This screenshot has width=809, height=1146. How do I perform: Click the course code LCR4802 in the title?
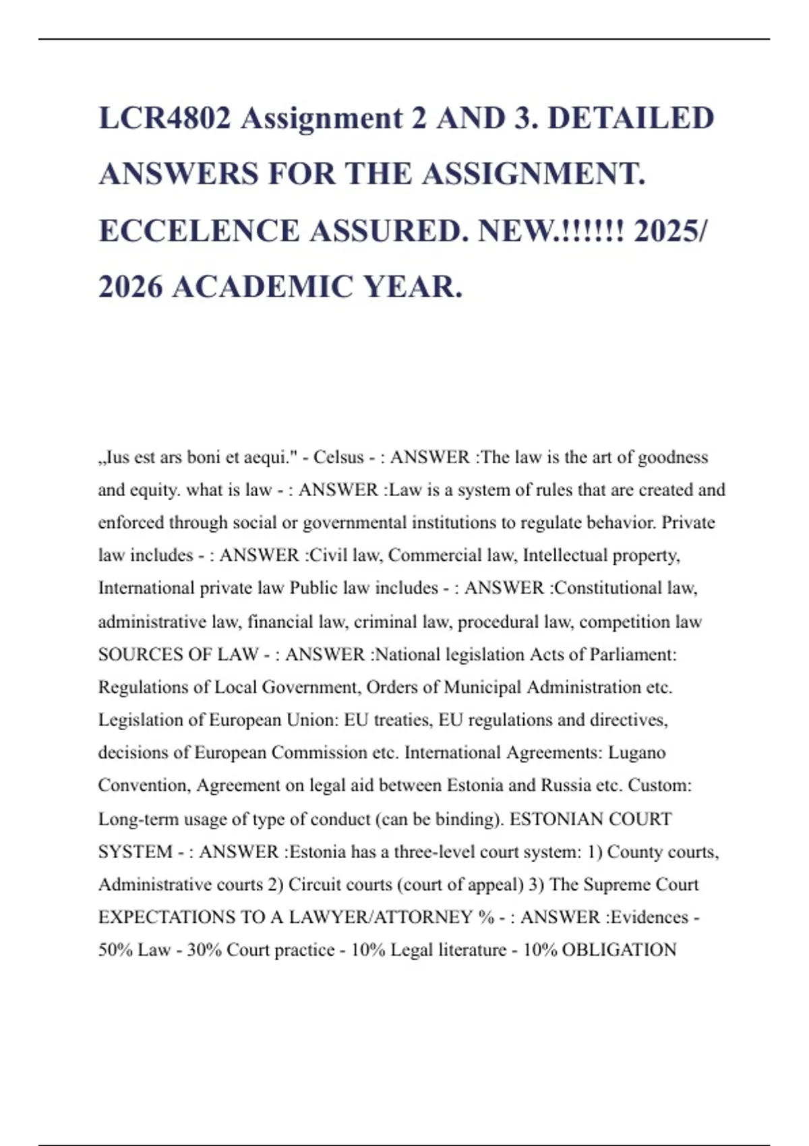(x=165, y=118)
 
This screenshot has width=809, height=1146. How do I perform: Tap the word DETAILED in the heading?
(x=630, y=118)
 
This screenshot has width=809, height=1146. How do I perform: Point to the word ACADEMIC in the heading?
(x=263, y=287)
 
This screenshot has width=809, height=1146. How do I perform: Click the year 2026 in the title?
(x=131, y=287)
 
